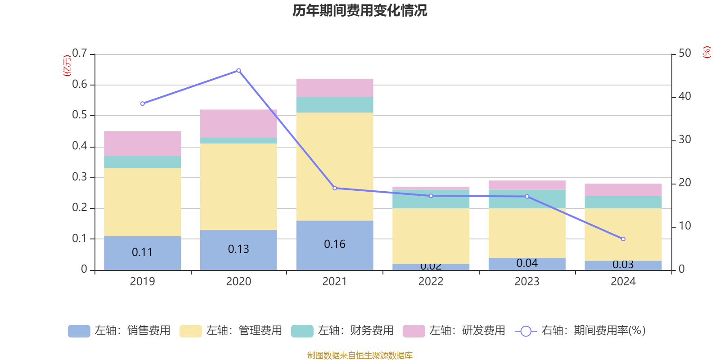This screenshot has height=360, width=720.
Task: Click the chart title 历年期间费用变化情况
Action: coord(360,11)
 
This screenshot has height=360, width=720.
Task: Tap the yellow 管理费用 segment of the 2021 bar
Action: coord(334,166)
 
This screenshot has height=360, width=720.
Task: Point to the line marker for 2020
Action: coord(238,71)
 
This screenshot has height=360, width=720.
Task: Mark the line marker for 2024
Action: coord(623,239)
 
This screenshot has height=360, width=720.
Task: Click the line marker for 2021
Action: coord(335,188)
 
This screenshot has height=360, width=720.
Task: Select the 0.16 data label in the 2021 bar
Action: coord(335,244)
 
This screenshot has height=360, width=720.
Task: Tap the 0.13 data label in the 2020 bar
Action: coord(238,249)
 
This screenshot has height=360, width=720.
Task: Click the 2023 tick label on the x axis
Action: coord(527,282)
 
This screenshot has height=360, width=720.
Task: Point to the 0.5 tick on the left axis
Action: coord(80,115)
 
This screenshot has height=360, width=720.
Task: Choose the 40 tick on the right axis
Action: coord(684,96)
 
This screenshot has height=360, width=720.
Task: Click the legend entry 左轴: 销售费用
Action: coord(119,331)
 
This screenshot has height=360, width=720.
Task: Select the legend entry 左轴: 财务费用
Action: coord(342,331)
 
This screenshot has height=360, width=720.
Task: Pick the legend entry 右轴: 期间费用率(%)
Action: coord(580,331)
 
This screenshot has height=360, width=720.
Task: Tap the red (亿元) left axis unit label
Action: coord(67,66)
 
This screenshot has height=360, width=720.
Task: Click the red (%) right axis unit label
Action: coord(706,52)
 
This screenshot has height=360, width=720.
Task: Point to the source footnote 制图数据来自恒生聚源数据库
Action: coord(360,355)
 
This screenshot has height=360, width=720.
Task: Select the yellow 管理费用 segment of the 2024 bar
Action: coord(623,234)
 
